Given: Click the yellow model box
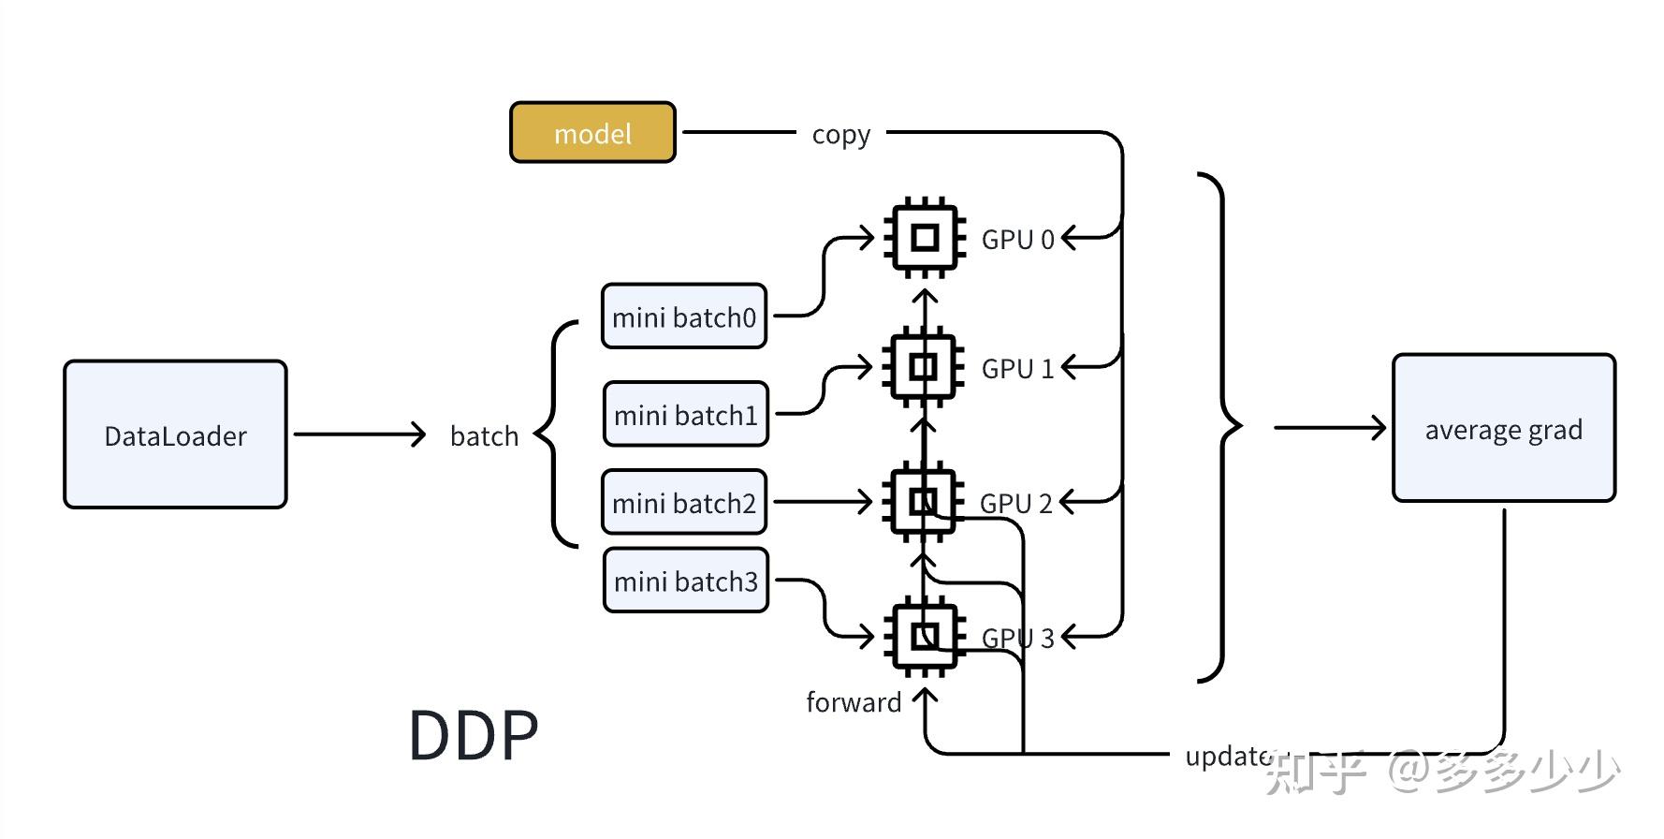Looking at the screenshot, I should point(592,133).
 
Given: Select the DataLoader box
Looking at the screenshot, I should point(175,434).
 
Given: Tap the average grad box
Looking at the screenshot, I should point(1503,428).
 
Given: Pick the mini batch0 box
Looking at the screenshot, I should point(684,316).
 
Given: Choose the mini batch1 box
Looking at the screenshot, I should point(686,414).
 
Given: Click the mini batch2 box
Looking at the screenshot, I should point(684,502).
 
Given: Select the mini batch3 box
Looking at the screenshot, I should point(686,581).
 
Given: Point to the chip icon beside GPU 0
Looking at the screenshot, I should point(925,237).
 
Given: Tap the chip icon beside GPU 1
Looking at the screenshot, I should point(924,366).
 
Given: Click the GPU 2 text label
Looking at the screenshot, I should point(1015,504).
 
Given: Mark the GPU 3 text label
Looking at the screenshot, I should point(1017,638).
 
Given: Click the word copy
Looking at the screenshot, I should point(840,134).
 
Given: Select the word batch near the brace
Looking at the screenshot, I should point(484,435).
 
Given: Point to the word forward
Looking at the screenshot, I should point(853,702).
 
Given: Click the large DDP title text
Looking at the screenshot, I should point(474,735).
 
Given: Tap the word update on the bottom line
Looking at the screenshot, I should point(1227,755).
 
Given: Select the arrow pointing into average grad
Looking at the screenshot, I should point(1329,428).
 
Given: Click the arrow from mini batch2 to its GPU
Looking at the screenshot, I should point(822,502).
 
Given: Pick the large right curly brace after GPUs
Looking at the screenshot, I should point(1220,427).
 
